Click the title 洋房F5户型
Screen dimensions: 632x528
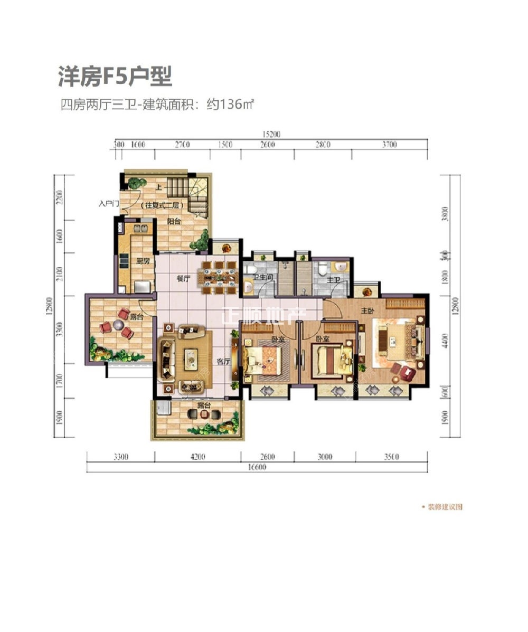pyautogui.click(x=115, y=76)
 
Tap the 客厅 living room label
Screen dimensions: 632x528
pyautogui.click(x=222, y=362)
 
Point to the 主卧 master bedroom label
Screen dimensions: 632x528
pyautogui.click(x=368, y=311)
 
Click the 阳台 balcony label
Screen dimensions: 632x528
pyautogui.click(x=175, y=222)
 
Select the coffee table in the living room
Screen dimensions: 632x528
pyautogui.click(x=190, y=360)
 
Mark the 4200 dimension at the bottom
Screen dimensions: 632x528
pyautogui.click(x=197, y=457)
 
